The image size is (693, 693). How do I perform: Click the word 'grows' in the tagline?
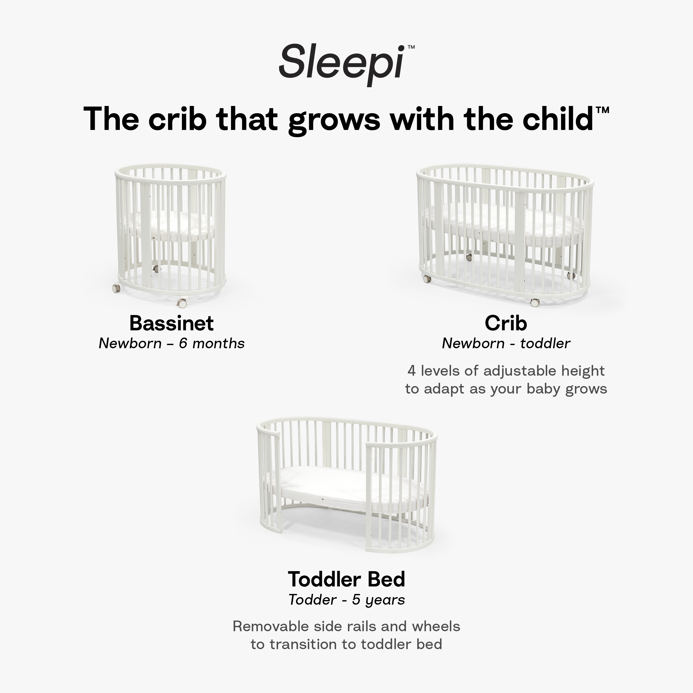334,120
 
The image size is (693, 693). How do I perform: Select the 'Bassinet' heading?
172,323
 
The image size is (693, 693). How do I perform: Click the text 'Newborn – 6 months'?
172,344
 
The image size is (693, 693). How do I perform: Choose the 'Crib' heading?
506,323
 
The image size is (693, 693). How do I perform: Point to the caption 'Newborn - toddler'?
506,344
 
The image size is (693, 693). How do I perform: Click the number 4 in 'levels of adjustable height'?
411,371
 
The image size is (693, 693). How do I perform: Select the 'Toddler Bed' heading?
346,579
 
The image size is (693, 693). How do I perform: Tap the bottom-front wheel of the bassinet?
182,303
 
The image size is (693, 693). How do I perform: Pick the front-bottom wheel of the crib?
534,302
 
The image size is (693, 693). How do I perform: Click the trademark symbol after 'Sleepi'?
411,47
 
